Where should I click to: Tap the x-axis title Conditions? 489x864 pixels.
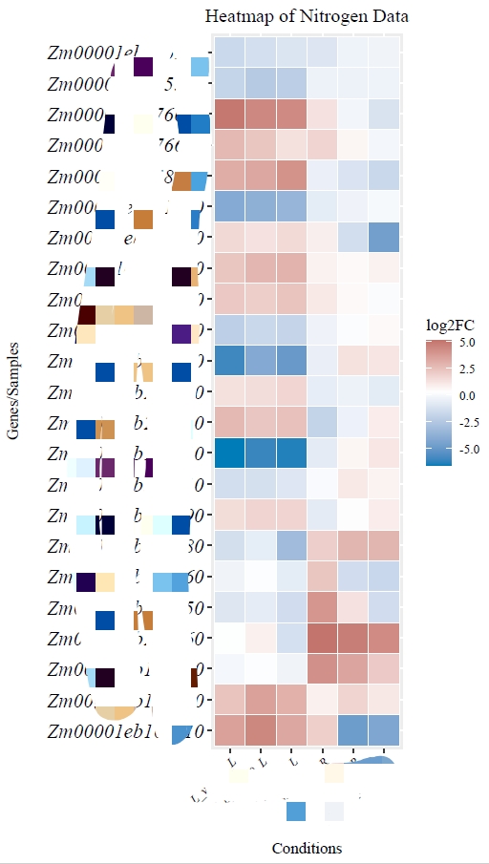pos(307,848)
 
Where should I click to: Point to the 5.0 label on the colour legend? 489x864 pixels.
pos(467,341)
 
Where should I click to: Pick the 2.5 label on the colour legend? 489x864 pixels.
pos(467,368)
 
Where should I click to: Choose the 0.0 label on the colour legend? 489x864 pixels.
pos(467,394)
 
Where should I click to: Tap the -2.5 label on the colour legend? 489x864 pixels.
pos(467,421)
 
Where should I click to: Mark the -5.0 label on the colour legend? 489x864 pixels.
pos(467,448)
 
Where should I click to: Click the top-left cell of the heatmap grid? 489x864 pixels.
pos(230,53)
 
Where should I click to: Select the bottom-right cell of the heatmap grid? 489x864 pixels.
pos(385,731)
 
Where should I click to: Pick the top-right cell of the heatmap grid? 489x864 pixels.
pos(385,53)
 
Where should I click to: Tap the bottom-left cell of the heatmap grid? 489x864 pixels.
pos(230,731)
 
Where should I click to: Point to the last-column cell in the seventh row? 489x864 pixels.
pos(385,238)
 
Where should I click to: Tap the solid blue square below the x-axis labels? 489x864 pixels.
pos(296,811)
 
